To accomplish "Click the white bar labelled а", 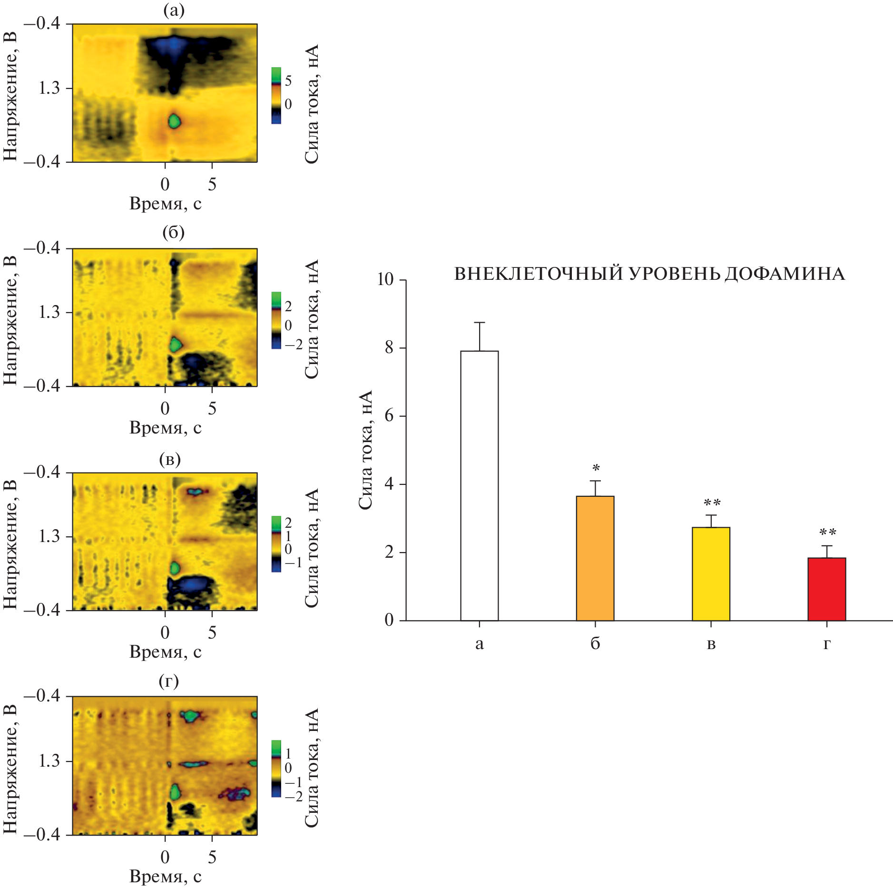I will tap(479, 485).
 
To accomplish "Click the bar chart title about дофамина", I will tap(649, 274).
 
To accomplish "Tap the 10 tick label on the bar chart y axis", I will tap(385, 280).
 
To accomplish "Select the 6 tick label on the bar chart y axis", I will tap(389, 416).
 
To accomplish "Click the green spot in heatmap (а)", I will tap(175, 121).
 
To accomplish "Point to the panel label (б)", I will tap(173, 233).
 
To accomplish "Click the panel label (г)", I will tap(169, 681).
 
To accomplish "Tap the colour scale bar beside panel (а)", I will tap(276, 96).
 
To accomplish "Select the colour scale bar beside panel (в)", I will tap(276, 543).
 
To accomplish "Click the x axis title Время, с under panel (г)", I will tap(166, 877).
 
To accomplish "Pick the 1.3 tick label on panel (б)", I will tap(49, 313).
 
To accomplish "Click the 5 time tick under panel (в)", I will tap(212, 632).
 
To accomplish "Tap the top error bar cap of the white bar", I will tap(479, 323).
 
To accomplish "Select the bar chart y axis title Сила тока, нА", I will tap(365, 450).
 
